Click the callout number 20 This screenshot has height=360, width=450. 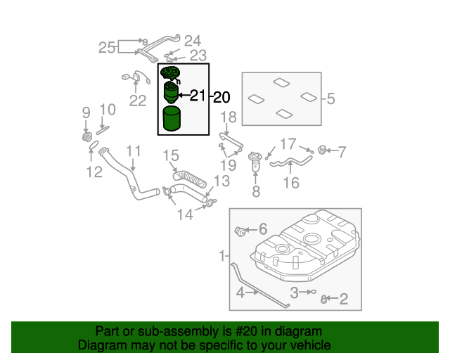point(221,97)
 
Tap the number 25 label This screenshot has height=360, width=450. point(107,48)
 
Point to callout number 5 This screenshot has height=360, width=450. point(331,99)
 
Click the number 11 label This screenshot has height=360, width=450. point(134,151)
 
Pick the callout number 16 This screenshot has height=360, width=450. point(290,183)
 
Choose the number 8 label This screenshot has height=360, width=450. point(256,191)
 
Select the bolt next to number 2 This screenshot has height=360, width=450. point(324,300)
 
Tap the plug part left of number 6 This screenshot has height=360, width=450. point(239,229)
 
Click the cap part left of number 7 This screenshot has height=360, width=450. point(323,150)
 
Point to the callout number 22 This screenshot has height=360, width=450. point(137,101)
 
